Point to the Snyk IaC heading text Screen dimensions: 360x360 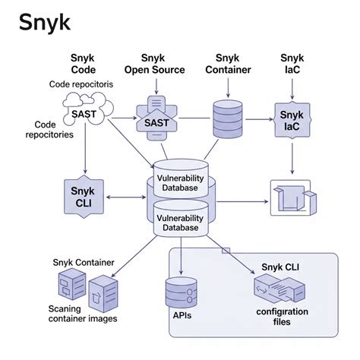tap(292, 65)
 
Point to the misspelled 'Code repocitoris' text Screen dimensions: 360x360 tap(81, 84)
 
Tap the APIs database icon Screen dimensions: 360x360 tap(181, 292)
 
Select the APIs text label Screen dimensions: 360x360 tap(182, 315)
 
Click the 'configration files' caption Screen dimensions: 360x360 tap(281, 317)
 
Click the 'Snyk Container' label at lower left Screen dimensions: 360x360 tap(84, 263)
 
